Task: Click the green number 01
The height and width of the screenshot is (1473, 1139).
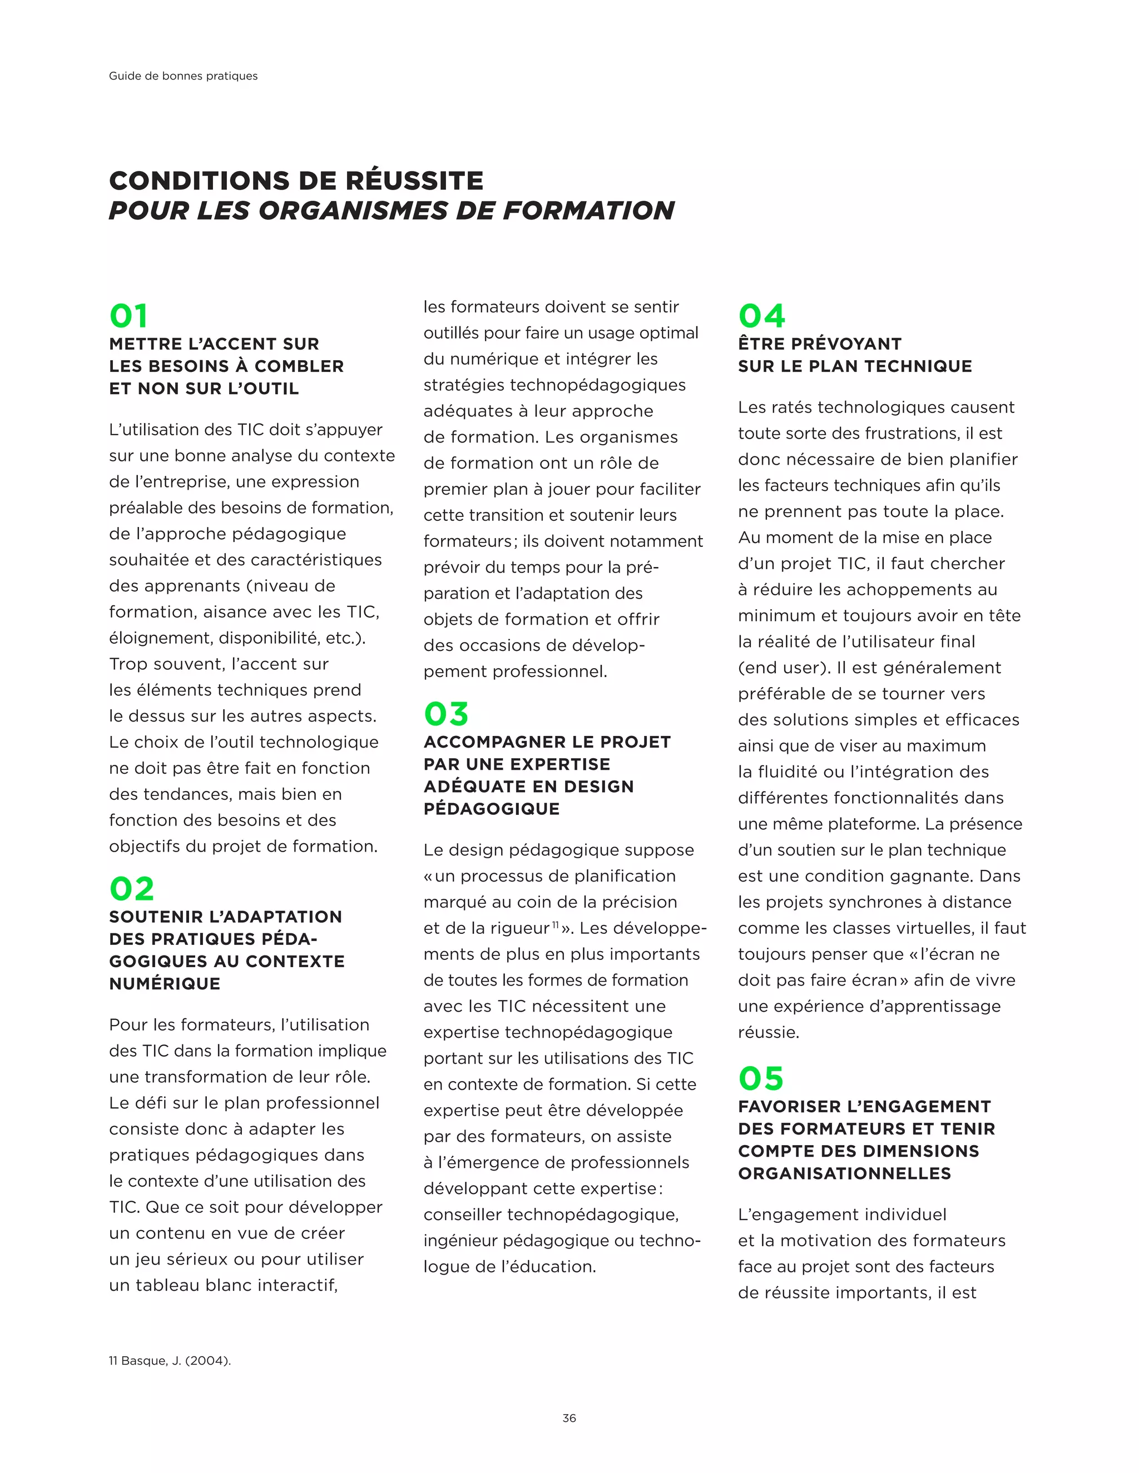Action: [128, 316]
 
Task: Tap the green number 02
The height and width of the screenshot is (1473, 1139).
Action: [132, 889]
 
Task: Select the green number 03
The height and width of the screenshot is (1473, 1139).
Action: [445, 714]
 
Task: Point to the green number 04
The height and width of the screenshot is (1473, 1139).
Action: [761, 316]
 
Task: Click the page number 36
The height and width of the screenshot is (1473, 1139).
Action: [569, 1418]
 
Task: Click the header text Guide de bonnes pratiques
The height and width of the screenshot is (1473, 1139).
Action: [183, 76]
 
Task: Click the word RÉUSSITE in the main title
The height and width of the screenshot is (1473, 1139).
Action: [414, 181]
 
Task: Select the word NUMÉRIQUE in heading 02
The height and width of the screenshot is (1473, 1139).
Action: [165, 983]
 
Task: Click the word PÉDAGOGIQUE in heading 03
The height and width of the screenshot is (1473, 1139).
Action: [491, 809]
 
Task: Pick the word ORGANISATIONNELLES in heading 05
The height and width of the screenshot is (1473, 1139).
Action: [844, 1173]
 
